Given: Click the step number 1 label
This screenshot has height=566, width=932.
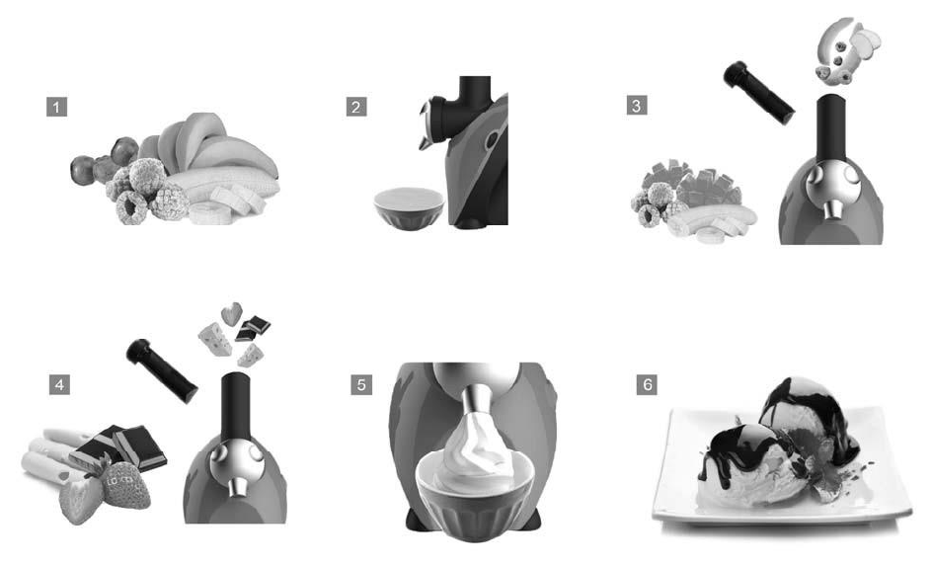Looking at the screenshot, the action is [56, 107].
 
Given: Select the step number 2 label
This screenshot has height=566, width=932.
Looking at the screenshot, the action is [356, 107].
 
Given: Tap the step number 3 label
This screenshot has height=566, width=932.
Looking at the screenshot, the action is [637, 106].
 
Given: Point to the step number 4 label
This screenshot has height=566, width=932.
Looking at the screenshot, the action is [59, 384].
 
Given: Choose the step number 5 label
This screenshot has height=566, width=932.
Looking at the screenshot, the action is [361, 384].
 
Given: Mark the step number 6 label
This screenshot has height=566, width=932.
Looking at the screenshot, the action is [648, 384].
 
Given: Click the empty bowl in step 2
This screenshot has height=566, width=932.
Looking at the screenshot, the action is [409, 208].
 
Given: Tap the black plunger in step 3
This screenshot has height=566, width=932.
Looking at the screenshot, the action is [759, 93].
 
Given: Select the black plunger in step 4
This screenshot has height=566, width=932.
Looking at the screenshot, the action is [162, 371].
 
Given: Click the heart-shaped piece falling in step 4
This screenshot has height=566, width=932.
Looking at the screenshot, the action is [231, 313].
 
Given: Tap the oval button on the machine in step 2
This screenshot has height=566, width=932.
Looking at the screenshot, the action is [492, 140].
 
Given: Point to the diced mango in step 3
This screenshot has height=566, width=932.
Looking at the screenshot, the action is [695, 182].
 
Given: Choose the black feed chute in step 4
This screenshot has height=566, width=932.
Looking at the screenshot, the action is [235, 407].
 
